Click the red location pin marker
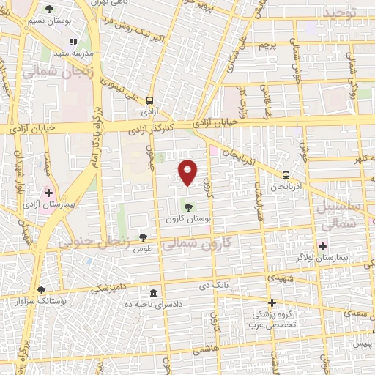[189, 171]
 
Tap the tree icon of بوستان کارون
[190, 207]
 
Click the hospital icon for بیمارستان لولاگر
[323, 245]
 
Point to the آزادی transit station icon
[150, 101]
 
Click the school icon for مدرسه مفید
[73, 43]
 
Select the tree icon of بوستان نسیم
[48, 10]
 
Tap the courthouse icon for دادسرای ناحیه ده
[152, 292]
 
